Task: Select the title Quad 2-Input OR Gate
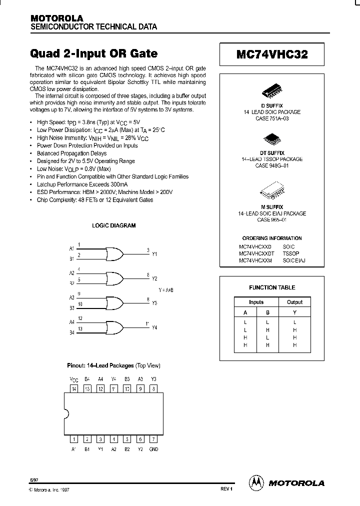pos(94,53)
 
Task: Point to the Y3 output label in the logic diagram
pos(154,303)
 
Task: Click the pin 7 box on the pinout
pos(153,439)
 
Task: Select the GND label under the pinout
pos(153,449)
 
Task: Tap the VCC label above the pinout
pos(74,379)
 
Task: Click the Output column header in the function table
pos(294,302)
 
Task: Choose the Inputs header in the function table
pos(256,302)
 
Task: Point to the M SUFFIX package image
pos(272,192)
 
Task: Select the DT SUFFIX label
pos(272,152)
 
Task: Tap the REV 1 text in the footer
pos(226,489)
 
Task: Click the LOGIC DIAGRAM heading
pos(113,225)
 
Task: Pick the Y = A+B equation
pos(166,290)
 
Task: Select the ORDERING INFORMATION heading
pos(272,238)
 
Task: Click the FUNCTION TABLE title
pos(272,287)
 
